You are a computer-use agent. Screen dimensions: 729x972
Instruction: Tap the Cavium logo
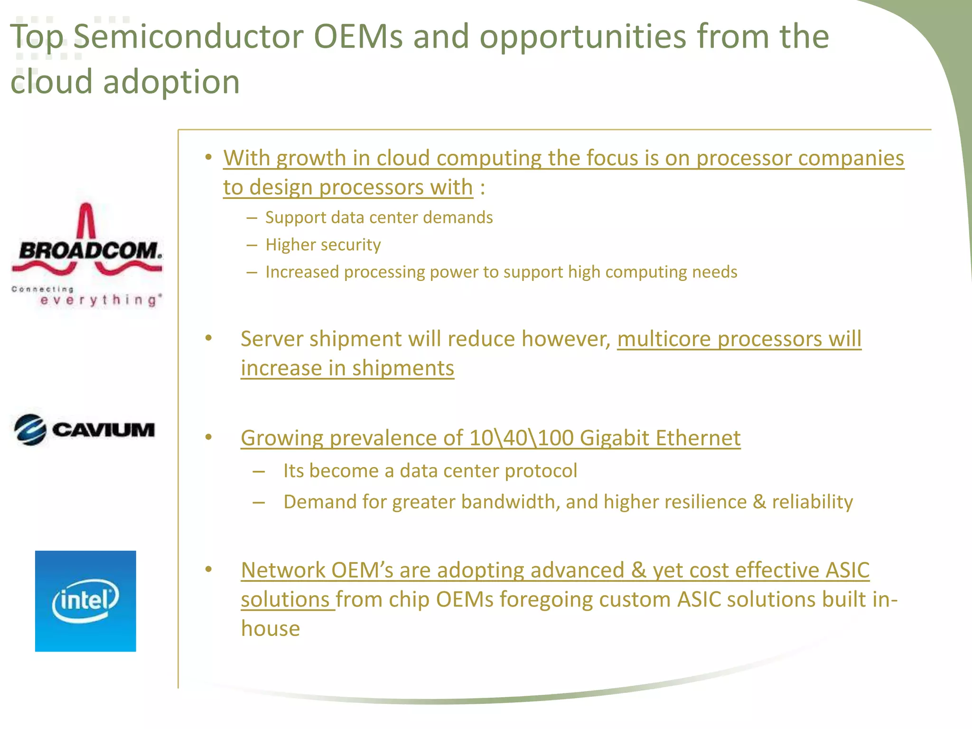click(84, 430)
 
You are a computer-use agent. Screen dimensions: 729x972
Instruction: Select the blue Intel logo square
click(85, 601)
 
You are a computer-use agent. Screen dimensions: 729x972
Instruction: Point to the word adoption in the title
click(171, 82)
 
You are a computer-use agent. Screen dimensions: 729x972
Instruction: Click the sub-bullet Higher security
click(323, 245)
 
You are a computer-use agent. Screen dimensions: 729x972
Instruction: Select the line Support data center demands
click(379, 217)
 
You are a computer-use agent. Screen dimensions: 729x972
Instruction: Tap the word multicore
click(664, 339)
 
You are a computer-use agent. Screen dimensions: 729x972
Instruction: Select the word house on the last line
click(271, 629)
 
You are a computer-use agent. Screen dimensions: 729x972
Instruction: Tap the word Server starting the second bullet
click(272, 339)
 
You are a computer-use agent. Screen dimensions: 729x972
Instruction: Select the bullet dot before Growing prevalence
click(208, 437)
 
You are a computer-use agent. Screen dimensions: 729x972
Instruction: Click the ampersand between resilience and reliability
click(759, 502)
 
